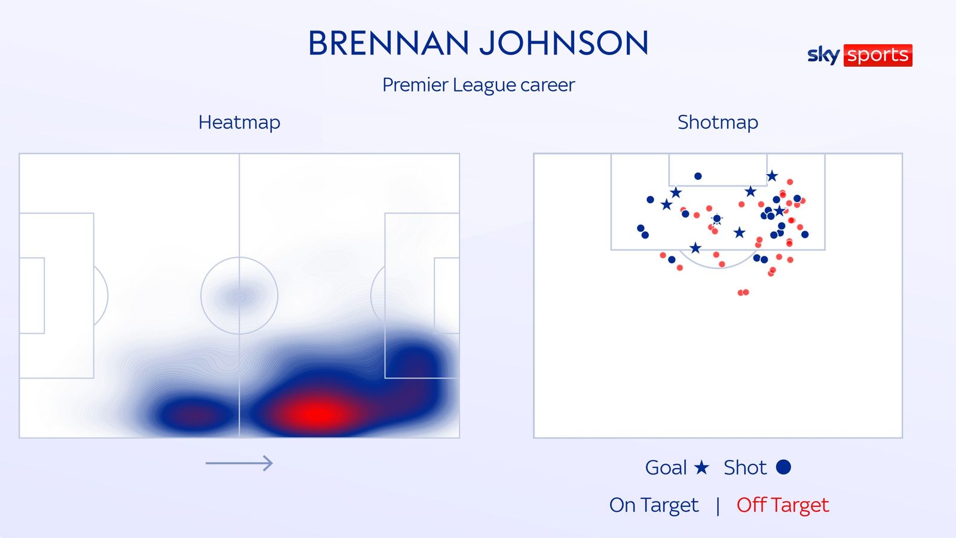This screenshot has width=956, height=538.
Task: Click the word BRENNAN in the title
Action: [x=388, y=43]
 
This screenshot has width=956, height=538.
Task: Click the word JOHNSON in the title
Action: [x=564, y=43]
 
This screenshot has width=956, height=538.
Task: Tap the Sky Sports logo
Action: [x=860, y=55]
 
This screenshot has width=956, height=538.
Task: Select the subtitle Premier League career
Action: [x=479, y=85]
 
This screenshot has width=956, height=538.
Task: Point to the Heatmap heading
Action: [x=240, y=122]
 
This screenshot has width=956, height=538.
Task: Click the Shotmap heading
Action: [x=718, y=122]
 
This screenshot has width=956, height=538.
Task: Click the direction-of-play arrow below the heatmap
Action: [x=239, y=463]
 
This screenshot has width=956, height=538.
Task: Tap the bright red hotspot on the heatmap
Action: [x=316, y=413]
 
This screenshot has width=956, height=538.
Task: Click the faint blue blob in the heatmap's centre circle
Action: [x=240, y=296]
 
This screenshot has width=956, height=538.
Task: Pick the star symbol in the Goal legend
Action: [x=701, y=467]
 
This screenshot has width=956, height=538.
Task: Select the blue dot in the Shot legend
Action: [x=783, y=467]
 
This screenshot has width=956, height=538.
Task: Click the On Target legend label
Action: [x=654, y=505]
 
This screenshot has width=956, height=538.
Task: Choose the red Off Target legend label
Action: [x=783, y=505]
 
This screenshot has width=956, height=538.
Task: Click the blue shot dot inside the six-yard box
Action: [x=698, y=176]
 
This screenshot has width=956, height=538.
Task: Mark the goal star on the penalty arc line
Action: [x=695, y=247]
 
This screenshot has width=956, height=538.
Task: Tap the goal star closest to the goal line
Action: [x=772, y=176]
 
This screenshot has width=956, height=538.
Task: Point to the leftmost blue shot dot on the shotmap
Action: [x=641, y=228]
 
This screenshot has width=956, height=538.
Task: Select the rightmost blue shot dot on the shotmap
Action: [x=805, y=234]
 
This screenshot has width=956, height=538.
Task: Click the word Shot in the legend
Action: [x=745, y=467]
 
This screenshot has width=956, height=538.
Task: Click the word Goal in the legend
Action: [x=666, y=467]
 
